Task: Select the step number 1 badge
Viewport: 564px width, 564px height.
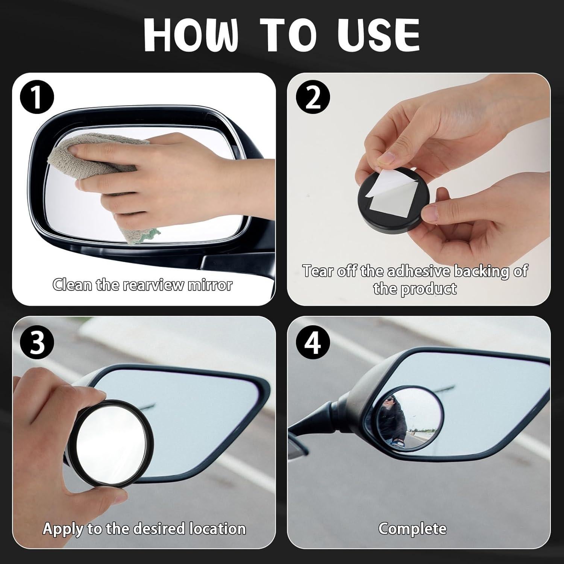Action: click(x=37, y=97)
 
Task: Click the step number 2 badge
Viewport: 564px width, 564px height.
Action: click(x=313, y=97)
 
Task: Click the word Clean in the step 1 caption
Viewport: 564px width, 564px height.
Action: click(x=72, y=285)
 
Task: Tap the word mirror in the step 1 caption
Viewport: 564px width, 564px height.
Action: click(x=210, y=285)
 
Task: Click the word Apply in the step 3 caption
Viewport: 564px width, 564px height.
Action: click(x=63, y=529)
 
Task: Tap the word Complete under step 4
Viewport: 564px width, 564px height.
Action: click(x=412, y=529)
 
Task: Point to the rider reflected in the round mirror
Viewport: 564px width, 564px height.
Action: click(x=393, y=417)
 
